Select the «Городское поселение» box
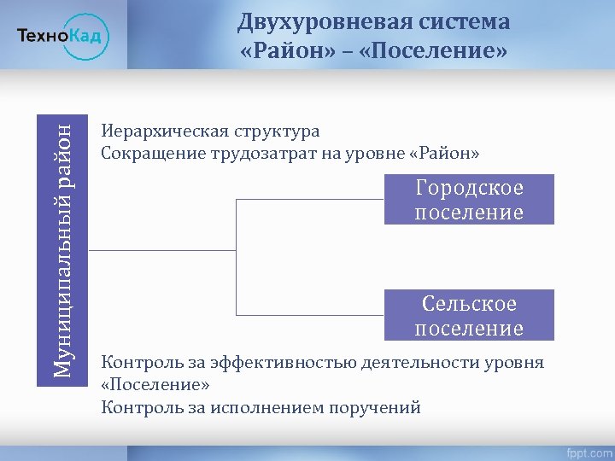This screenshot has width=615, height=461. pos(469,200)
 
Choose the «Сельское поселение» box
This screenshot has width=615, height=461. pos(469,316)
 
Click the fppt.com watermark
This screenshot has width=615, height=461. pos(587,450)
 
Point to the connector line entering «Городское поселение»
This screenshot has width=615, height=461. pos(310,200)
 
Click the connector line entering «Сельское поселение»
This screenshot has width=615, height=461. pos(310,316)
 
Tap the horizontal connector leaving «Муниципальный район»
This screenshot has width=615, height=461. pos(161,250)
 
